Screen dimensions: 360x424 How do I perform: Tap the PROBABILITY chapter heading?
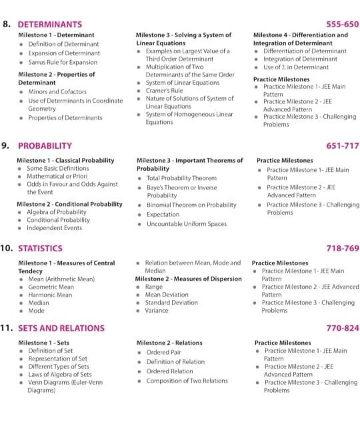[45, 145]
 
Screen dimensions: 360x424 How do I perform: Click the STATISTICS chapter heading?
[40, 248]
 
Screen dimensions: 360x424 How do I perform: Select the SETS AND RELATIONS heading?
[61, 328]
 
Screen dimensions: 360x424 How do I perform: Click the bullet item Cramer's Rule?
[163, 91]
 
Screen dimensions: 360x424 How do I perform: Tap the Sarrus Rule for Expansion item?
[62, 62]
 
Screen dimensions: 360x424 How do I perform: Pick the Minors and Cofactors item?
[57, 91]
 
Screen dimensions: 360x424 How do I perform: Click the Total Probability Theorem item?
[181, 178]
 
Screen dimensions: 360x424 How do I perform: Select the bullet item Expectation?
[163, 215]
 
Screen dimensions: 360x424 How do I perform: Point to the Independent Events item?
[55, 228]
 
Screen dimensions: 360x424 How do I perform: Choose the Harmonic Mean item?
[51, 295]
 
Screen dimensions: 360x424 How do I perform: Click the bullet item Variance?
[157, 310]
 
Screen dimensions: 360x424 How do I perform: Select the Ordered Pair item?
[163, 353]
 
